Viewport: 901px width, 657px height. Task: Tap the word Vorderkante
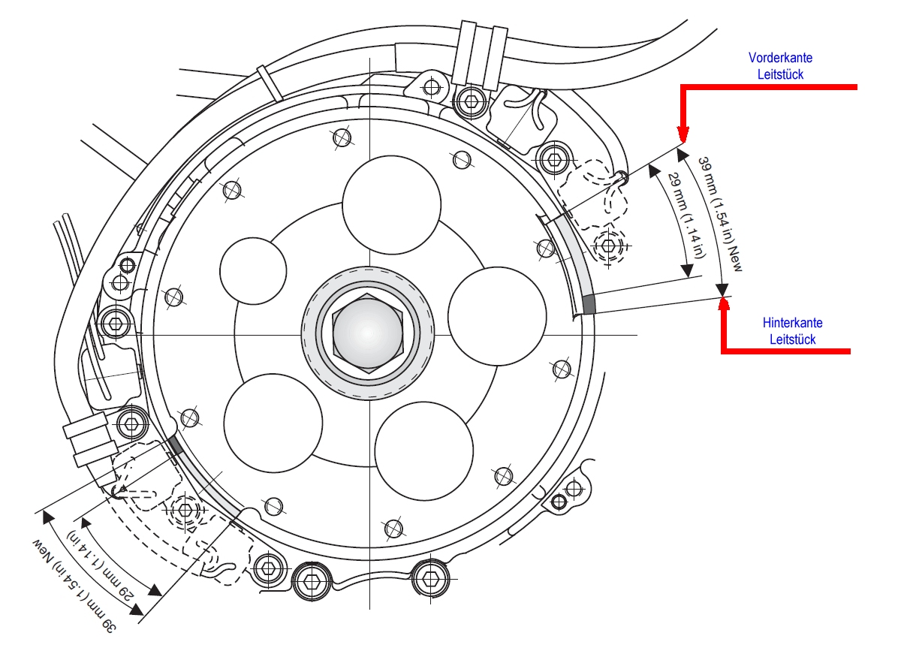point(780,58)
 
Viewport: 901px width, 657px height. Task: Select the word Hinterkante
point(792,323)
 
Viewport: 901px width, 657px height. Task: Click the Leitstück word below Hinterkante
point(792,339)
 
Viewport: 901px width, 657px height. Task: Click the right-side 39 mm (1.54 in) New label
point(719,213)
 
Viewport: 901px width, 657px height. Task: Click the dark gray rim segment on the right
point(589,304)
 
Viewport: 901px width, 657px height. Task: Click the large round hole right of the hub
point(496,315)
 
